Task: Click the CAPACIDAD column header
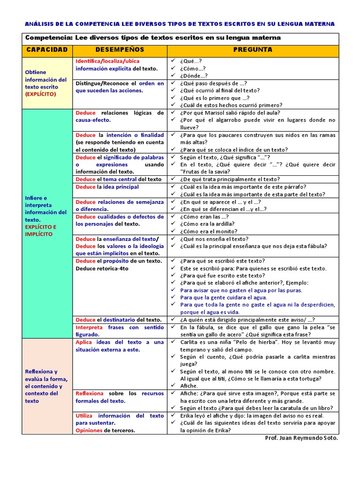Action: point(47,50)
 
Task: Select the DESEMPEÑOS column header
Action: point(120,50)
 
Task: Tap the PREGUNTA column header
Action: point(253,50)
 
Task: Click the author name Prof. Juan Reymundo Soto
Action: point(301,438)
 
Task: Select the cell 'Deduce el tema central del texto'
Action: point(119,179)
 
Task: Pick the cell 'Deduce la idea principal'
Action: point(107,187)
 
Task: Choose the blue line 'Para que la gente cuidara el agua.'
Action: point(224,297)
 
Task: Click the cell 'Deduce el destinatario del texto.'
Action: point(119,319)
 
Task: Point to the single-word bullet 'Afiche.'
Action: point(189,386)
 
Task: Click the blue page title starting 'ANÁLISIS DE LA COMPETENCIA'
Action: point(180,24)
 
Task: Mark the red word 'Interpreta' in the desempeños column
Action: point(89,327)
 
